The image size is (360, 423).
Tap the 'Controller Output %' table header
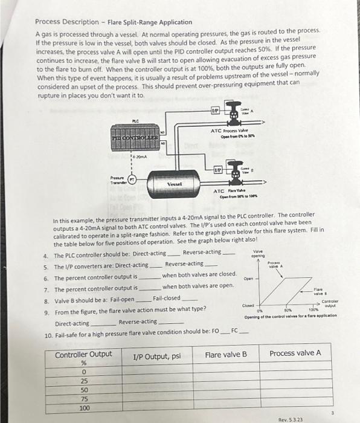pyautogui.click(x=83, y=358)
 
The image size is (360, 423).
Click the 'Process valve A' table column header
pyautogui.click(x=295, y=353)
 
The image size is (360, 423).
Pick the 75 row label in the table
pyautogui.click(x=84, y=399)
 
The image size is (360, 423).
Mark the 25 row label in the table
pyautogui.click(x=84, y=381)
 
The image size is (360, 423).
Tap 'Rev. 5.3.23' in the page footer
pyautogui.click(x=291, y=419)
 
